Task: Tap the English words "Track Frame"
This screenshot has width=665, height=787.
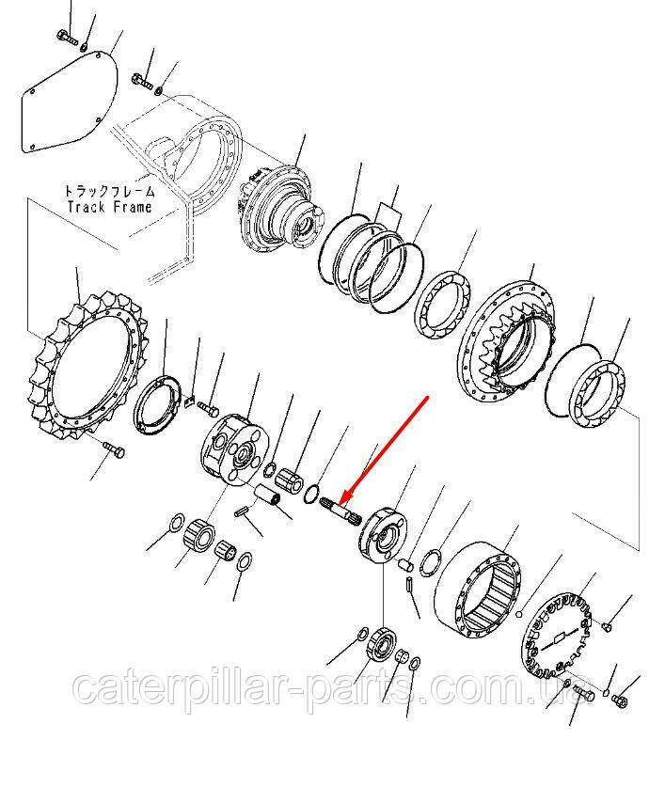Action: [109, 206]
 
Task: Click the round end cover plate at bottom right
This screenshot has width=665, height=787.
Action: [557, 634]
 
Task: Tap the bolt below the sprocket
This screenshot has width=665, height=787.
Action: [114, 449]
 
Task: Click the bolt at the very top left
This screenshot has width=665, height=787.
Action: [65, 38]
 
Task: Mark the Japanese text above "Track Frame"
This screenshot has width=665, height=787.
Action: [109, 191]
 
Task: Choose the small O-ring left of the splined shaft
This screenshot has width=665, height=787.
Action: [311, 494]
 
